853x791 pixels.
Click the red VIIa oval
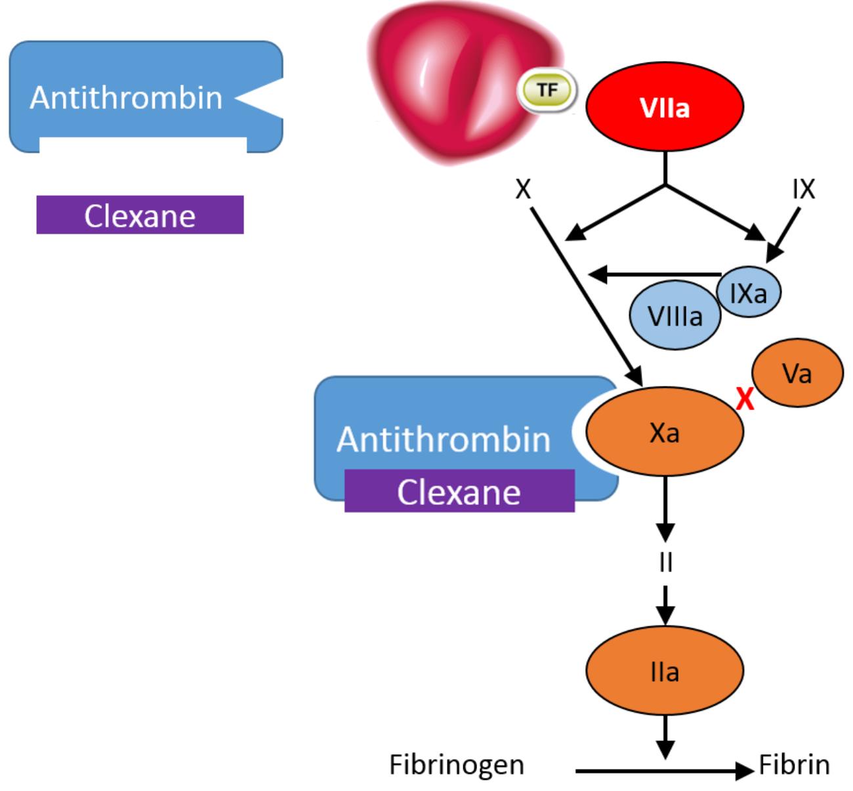pyautogui.click(x=665, y=106)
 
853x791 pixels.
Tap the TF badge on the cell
pyautogui.click(x=547, y=91)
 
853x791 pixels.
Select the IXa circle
pyautogui.click(x=749, y=292)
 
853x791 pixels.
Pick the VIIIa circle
pyautogui.click(x=675, y=316)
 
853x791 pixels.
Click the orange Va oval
pyautogui.click(x=798, y=373)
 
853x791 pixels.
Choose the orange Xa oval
pyautogui.click(x=665, y=432)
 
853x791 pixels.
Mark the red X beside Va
pyautogui.click(x=745, y=399)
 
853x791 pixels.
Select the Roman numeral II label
pyautogui.click(x=665, y=562)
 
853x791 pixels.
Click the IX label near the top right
pyautogui.click(x=804, y=188)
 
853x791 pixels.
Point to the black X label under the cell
pyautogui.click(x=523, y=188)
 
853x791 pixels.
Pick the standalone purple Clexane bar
pyautogui.click(x=140, y=215)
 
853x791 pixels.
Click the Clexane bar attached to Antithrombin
pyautogui.click(x=459, y=491)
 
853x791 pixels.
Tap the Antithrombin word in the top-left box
pyautogui.click(x=126, y=98)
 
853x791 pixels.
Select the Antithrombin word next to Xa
pyautogui.click(x=444, y=440)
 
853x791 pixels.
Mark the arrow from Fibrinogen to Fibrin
pyautogui.click(x=665, y=771)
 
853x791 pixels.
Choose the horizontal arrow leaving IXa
pyautogui.click(x=655, y=274)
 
